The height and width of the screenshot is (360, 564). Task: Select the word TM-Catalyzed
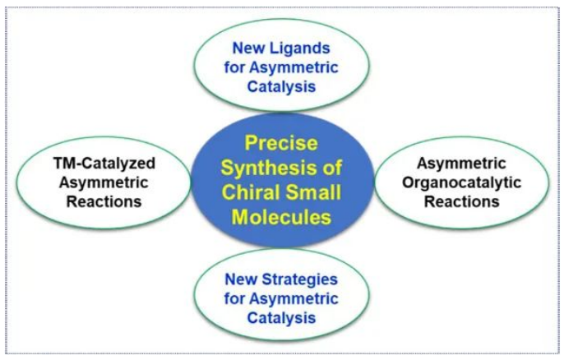[104, 164]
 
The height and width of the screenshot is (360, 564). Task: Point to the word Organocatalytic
[461, 182]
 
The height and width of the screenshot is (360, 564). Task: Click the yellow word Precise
[281, 143]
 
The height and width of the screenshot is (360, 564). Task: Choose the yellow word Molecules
[281, 217]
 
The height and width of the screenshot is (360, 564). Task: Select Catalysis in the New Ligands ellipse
[281, 86]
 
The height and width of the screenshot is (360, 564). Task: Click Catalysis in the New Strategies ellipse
[281, 318]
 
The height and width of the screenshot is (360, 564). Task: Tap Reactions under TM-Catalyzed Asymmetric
[104, 201]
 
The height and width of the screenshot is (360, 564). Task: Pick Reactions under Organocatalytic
[462, 201]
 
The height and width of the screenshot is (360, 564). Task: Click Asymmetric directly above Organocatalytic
[461, 164]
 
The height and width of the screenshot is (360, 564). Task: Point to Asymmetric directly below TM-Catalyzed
[104, 182]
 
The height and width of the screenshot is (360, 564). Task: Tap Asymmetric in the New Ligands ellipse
[294, 67]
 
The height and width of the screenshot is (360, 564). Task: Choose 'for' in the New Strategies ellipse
[234, 299]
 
